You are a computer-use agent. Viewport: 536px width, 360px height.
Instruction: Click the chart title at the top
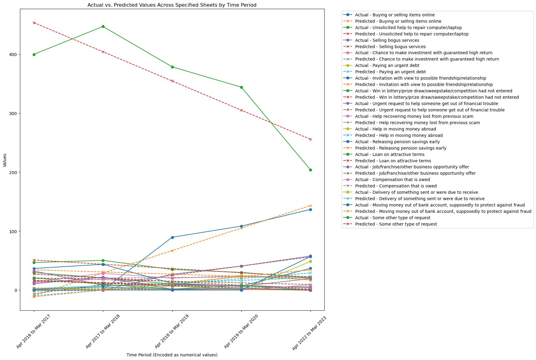tap(172, 5)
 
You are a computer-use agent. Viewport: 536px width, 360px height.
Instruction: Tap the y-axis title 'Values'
tap(5, 160)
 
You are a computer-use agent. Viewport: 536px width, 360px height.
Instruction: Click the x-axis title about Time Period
tap(172, 355)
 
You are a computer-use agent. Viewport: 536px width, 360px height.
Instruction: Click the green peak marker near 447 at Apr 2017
tap(103, 27)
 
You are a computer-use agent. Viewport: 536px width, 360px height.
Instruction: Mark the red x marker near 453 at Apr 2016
tap(34, 23)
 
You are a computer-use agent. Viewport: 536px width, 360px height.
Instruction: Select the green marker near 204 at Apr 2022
tap(310, 170)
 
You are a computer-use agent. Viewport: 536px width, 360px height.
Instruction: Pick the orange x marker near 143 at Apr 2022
tap(310, 206)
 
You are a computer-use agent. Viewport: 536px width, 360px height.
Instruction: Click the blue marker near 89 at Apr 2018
tap(172, 237)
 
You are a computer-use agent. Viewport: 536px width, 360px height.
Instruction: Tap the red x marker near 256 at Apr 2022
tap(310, 140)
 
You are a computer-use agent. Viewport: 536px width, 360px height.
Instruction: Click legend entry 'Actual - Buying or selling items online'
tap(395, 15)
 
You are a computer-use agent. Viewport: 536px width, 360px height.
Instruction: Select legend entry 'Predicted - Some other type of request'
tap(396, 224)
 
